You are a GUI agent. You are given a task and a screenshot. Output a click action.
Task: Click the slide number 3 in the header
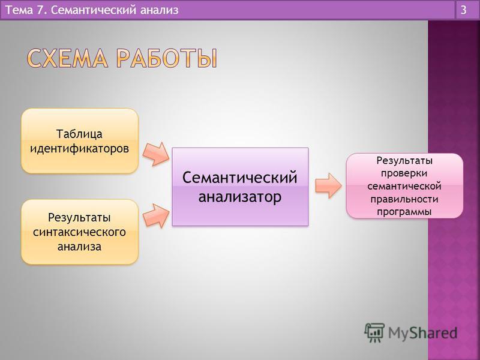[463, 10]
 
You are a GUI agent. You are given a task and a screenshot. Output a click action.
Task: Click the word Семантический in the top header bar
[92, 10]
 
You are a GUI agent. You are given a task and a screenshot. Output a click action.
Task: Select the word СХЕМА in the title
[67, 58]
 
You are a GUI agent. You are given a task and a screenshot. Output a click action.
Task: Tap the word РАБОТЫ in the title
[167, 58]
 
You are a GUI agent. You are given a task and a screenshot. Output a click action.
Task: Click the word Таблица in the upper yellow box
[79, 134]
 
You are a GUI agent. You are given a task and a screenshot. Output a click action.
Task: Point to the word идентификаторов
[79, 149]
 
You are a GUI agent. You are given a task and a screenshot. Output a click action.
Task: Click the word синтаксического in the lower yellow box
[79, 232]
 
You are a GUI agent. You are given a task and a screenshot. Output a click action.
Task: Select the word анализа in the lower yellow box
[79, 247]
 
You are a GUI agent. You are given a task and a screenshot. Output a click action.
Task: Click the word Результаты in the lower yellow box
[79, 218]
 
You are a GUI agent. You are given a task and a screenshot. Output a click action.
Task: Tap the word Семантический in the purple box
[239, 178]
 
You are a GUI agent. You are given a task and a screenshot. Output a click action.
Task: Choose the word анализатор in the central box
[239, 197]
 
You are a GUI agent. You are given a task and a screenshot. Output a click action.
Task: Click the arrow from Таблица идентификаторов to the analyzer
[156, 154]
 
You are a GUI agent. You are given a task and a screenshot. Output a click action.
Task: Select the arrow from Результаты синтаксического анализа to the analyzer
[156, 216]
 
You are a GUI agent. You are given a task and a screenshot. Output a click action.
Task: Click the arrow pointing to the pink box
[328, 185]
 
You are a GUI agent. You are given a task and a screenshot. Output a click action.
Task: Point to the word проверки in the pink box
[404, 173]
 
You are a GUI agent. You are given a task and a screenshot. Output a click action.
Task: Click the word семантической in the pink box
[404, 186]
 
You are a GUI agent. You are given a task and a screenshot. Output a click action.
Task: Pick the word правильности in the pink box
[404, 199]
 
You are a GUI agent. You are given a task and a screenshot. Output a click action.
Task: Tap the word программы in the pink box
[404, 212]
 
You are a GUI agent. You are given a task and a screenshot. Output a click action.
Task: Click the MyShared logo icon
[374, 332]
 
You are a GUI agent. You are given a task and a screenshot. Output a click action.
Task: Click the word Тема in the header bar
[19, 10]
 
